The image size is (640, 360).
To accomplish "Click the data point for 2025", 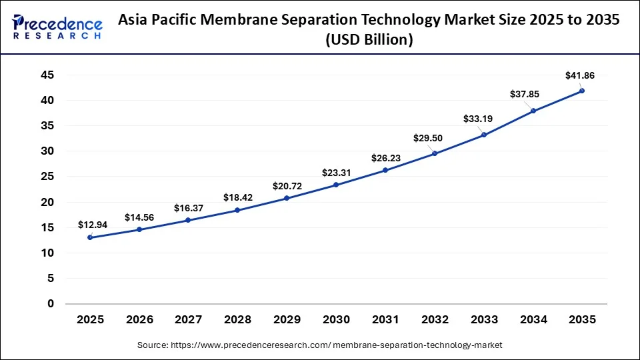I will pos(90,237).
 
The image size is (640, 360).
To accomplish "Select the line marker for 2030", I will pos(336,185).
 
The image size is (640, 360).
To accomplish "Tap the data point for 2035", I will pos(582,91).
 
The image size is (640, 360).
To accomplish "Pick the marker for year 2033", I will pos(483,135).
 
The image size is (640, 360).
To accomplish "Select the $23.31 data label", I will pos(336,172).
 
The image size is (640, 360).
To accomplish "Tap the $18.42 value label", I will pos(237,197).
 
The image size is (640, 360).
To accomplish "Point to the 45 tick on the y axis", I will pos(47,75).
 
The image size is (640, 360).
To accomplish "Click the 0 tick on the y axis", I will pos(51,304).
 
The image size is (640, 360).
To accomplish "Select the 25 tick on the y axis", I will pos(47,177).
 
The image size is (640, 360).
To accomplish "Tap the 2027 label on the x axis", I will pos(188,320).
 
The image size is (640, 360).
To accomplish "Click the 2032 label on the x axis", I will pos(435,320).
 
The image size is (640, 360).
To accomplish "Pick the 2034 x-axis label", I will pos(533,320).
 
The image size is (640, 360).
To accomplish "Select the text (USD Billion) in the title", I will pos(369,40).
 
